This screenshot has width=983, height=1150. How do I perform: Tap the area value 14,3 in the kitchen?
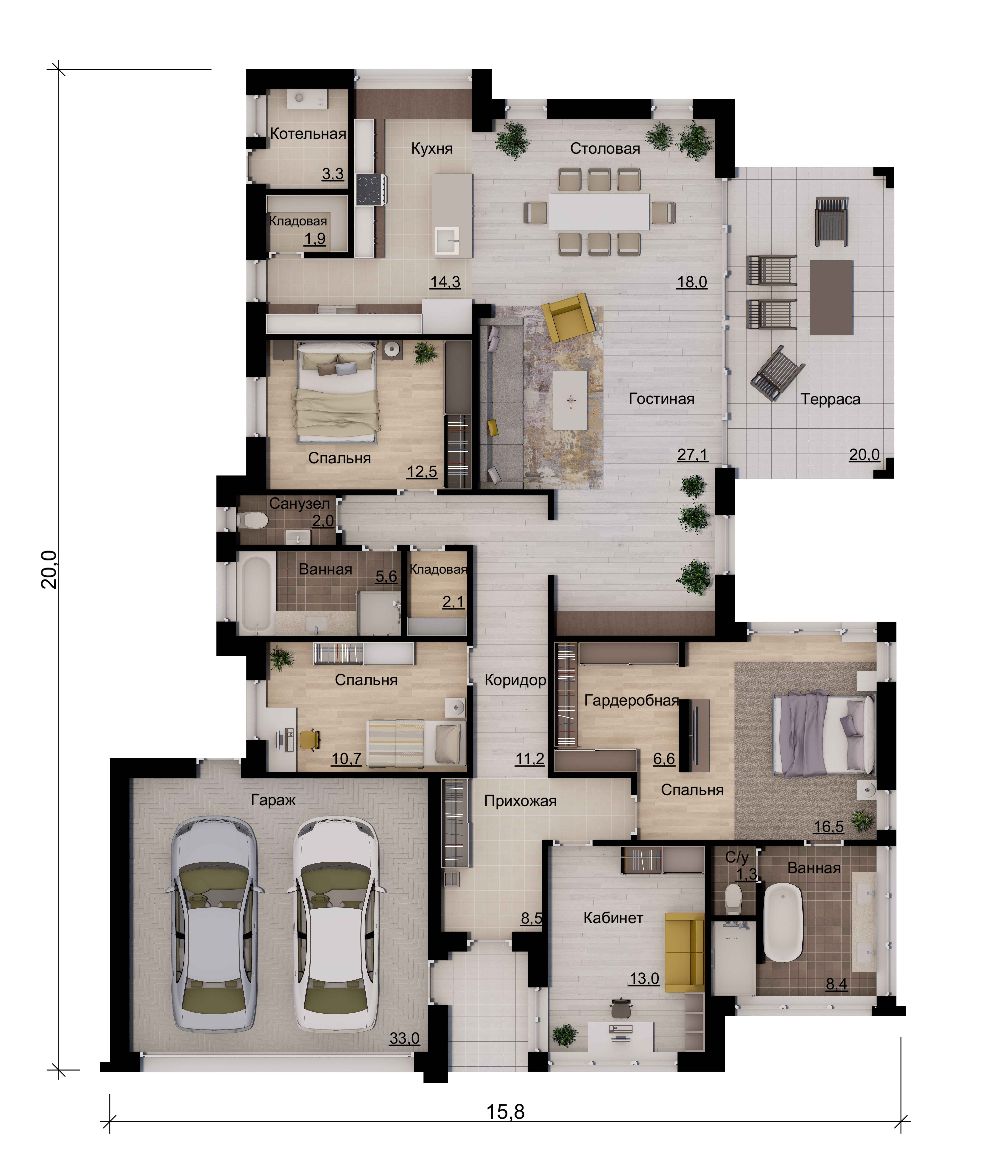pos(445,282)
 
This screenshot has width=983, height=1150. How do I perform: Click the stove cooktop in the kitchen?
pos(370,190)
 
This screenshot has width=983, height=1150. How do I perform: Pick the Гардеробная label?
pos(632,700)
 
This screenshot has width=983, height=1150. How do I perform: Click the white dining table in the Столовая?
pos(599,212)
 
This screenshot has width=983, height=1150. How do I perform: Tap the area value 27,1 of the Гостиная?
pos(692,455)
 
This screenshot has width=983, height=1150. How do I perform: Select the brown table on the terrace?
pos(831,297)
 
